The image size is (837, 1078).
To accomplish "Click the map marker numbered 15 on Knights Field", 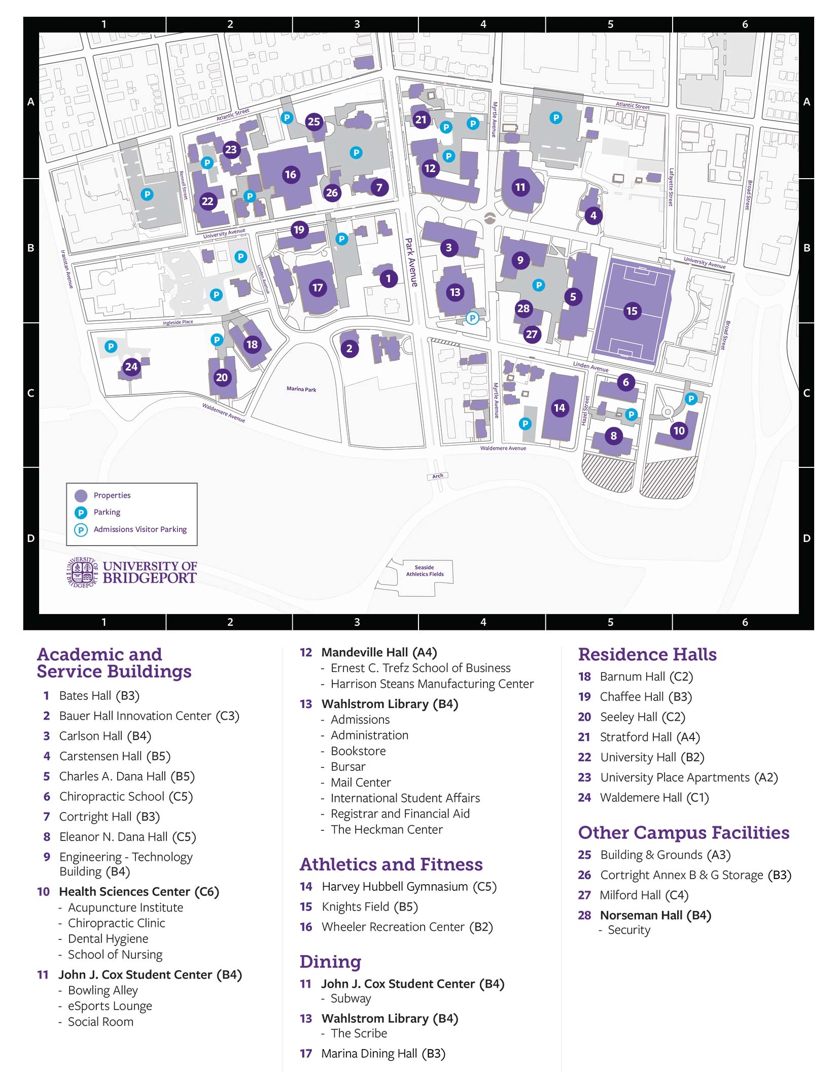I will point(632,311).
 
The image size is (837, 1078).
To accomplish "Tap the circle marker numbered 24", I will point(131,366).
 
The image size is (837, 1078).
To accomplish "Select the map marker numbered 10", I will point(679,431).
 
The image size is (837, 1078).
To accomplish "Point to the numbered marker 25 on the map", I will point(314,121).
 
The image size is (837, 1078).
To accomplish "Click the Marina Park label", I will point(301,389).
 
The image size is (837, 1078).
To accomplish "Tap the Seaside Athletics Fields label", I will point(425,571).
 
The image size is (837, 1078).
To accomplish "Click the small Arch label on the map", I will point(437,476).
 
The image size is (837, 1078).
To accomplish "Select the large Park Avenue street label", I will point(411,262).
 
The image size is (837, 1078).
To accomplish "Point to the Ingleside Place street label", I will point(178,322).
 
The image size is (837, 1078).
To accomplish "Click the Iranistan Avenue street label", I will point(67,269).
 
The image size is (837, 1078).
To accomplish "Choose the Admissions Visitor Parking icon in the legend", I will point(81,530).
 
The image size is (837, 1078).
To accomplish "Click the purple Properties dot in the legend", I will point(81,495).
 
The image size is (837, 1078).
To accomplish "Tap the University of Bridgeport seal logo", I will point(82,572).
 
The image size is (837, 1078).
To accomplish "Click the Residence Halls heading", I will point(647,655).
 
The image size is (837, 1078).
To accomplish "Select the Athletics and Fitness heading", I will point(391,864).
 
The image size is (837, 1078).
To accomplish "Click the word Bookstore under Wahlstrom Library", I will point(358,751).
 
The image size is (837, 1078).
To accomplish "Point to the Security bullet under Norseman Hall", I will point(629,930).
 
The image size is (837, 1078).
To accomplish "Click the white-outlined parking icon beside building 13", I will point(472,318).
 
